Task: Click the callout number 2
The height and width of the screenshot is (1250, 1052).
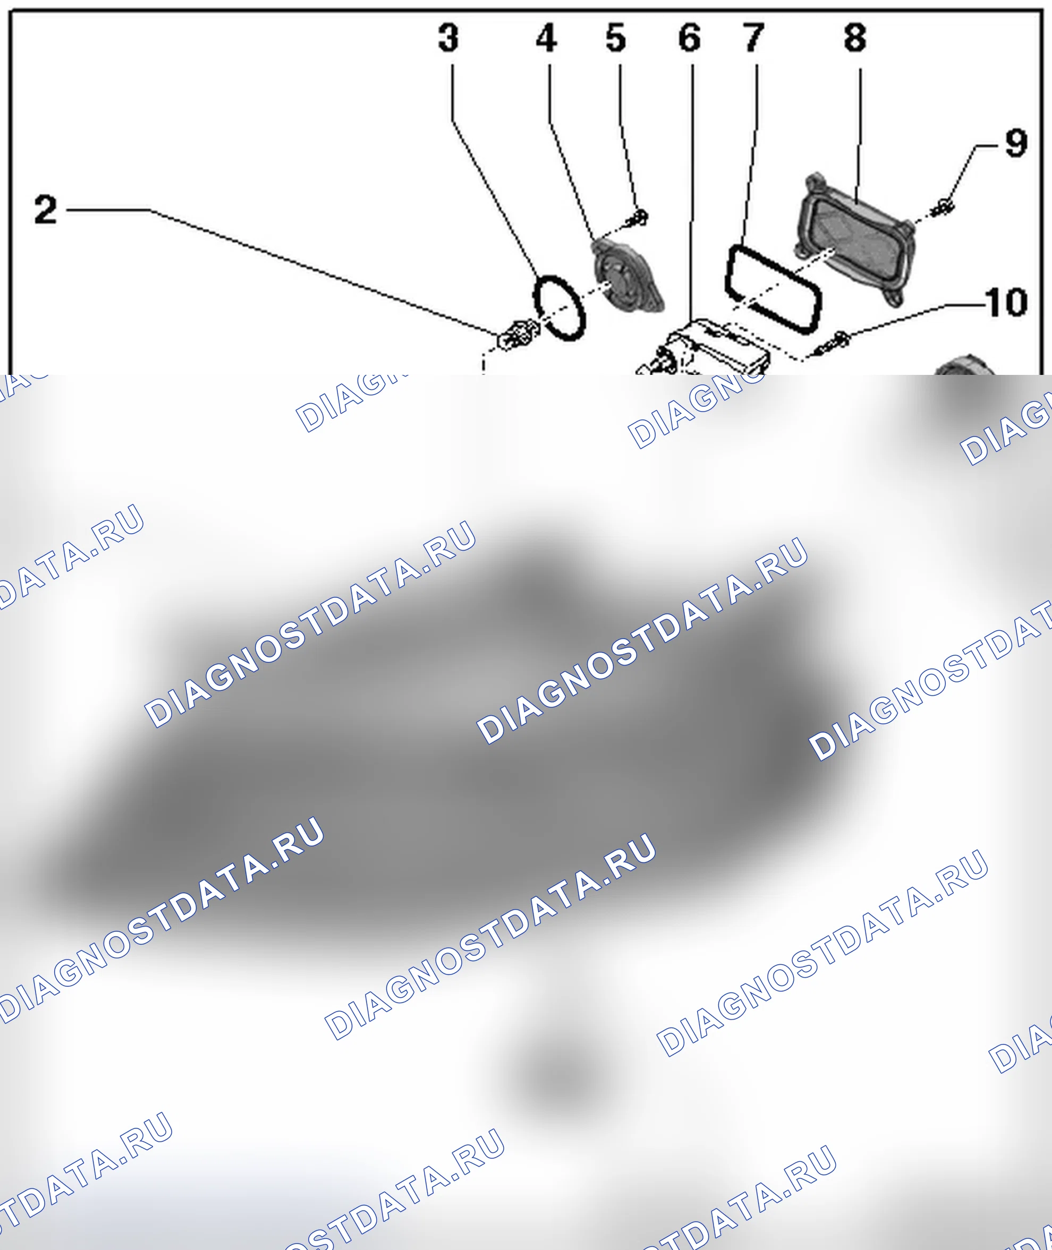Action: click(x=46, y=210)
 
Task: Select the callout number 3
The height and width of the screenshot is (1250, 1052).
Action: click(x=449, y=38)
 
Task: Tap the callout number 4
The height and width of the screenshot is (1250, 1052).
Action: click(x=546, y=38)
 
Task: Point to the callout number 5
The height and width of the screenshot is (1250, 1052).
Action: click(x=616, y=38)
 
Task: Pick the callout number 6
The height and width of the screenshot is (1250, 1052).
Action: click(x=690, y=38)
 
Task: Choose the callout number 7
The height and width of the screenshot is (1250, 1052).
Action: click(x=754, y=38)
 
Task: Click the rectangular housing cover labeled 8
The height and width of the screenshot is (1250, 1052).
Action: click(x=854, y=240)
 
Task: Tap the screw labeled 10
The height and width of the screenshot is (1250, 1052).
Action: click(x=833, y=345)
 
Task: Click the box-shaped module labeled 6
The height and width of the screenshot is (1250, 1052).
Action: click(x=703, y=349)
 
